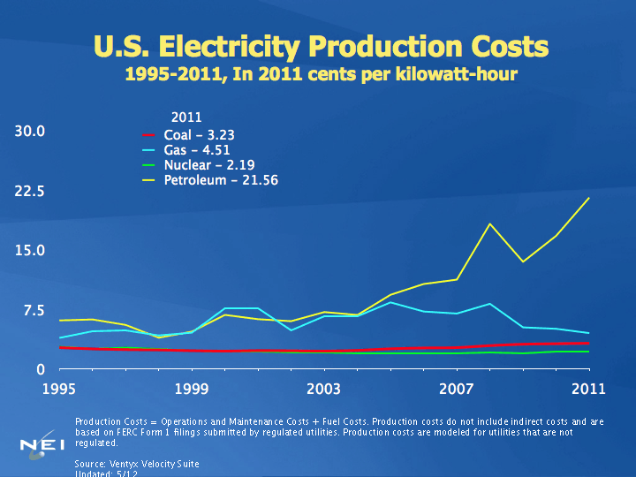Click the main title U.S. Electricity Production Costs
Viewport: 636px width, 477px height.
321,46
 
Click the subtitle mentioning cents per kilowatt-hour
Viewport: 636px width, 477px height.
321,75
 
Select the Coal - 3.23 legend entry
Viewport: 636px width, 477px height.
199,135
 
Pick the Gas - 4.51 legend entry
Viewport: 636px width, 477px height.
196,150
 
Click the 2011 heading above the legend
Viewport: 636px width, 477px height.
185,117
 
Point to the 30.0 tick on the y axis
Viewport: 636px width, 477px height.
29,132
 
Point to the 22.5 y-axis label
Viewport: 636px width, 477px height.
29,191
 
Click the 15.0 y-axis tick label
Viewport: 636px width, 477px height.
29,250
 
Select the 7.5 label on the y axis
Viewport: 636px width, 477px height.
33,310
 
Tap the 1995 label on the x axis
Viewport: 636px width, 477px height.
59,388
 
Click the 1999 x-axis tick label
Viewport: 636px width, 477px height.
192,388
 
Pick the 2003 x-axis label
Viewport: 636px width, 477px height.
324,388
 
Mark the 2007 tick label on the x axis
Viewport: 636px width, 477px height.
457,388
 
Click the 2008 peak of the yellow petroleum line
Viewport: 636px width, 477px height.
490,223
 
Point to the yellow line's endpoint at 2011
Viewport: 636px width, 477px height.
589,198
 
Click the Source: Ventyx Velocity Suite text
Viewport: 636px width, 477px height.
137,464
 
